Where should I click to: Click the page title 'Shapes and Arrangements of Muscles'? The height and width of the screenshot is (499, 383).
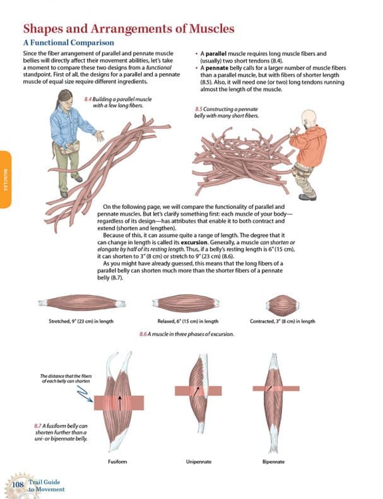(128, 28)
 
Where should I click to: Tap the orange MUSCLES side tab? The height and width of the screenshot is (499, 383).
(5, 179)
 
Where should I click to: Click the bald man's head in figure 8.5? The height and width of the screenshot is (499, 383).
(309, 119)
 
